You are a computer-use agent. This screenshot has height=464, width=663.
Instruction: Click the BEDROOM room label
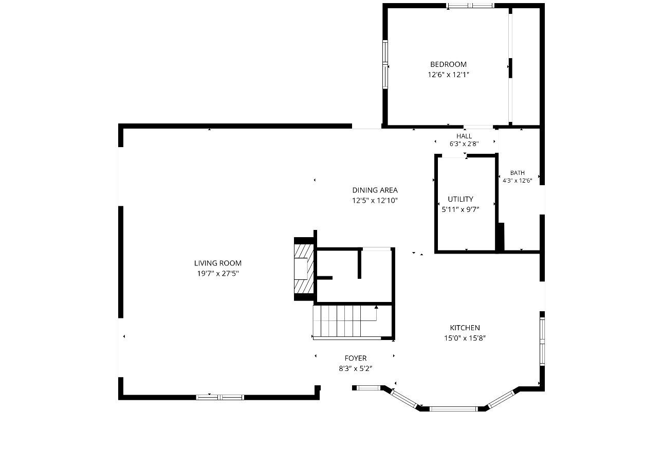click(448, 64)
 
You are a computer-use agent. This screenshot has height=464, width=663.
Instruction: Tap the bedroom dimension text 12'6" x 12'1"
click(448, 75)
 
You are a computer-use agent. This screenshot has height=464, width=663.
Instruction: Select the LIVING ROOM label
click(218, 263)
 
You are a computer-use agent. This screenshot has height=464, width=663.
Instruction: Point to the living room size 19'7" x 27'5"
click(218, 273)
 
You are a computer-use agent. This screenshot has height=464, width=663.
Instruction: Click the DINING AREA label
click(375, 190)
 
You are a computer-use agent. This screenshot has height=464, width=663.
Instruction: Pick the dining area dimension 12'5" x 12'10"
click(375, 201)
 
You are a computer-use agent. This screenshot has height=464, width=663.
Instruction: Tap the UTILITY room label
click(461, 199)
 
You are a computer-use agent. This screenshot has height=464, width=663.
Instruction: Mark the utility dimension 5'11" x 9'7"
click(461, 209)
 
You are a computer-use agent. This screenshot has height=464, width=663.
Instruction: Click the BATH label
click(518, 173)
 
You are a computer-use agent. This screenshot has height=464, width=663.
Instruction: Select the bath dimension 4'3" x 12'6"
click(518, 181)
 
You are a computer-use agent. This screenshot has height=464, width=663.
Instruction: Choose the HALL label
click(464, 136)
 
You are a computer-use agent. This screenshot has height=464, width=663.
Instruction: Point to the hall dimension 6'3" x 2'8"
click(464, 144)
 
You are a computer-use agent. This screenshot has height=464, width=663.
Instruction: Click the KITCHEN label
click(465, 328)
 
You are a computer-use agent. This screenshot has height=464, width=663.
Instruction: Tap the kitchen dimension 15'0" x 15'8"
click(465, 338)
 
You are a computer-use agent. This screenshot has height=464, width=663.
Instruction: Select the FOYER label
click(356, 358)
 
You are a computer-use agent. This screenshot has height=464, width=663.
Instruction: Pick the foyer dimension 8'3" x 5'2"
click(356, 369)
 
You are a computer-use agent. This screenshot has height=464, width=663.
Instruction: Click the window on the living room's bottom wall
click(220, 397)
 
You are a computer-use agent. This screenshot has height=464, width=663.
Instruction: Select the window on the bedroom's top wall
click(470, 5)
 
